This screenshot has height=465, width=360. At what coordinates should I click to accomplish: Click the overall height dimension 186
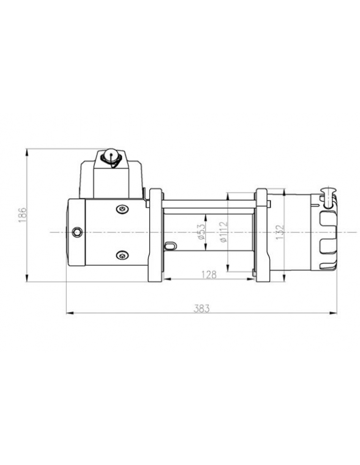tap(21, 215)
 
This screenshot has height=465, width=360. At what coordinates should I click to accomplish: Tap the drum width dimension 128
tap(209, 275)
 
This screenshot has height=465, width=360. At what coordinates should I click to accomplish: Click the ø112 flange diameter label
tap(222, 233)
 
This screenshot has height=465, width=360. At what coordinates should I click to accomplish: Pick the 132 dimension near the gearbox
tap(280, 233)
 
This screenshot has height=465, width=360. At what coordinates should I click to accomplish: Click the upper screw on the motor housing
tap(122, 210)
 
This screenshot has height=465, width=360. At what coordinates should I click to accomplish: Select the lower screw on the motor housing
tap(122, 255)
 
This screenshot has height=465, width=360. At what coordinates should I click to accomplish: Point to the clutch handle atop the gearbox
tap(328, 193)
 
